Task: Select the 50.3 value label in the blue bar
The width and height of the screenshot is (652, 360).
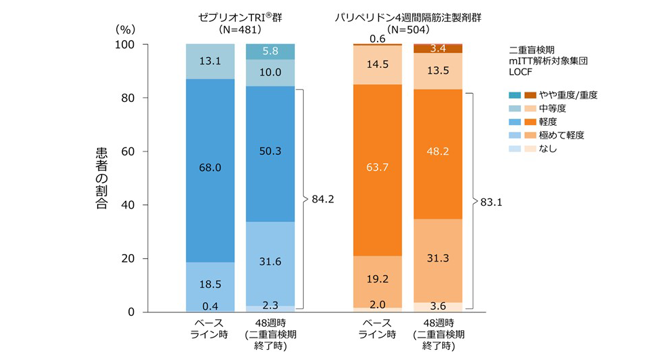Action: pos(270,151)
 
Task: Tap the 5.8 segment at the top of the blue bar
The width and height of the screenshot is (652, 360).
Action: pos(270,51)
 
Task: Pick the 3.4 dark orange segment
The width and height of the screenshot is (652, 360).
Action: pos(437,48)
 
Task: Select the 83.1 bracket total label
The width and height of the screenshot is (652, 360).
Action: pos(491,201)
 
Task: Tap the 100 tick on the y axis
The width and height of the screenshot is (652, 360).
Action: pos(128,44)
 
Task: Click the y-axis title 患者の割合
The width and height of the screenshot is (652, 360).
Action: pos(101,179)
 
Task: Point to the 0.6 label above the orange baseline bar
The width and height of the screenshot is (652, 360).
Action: pos(377,39)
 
